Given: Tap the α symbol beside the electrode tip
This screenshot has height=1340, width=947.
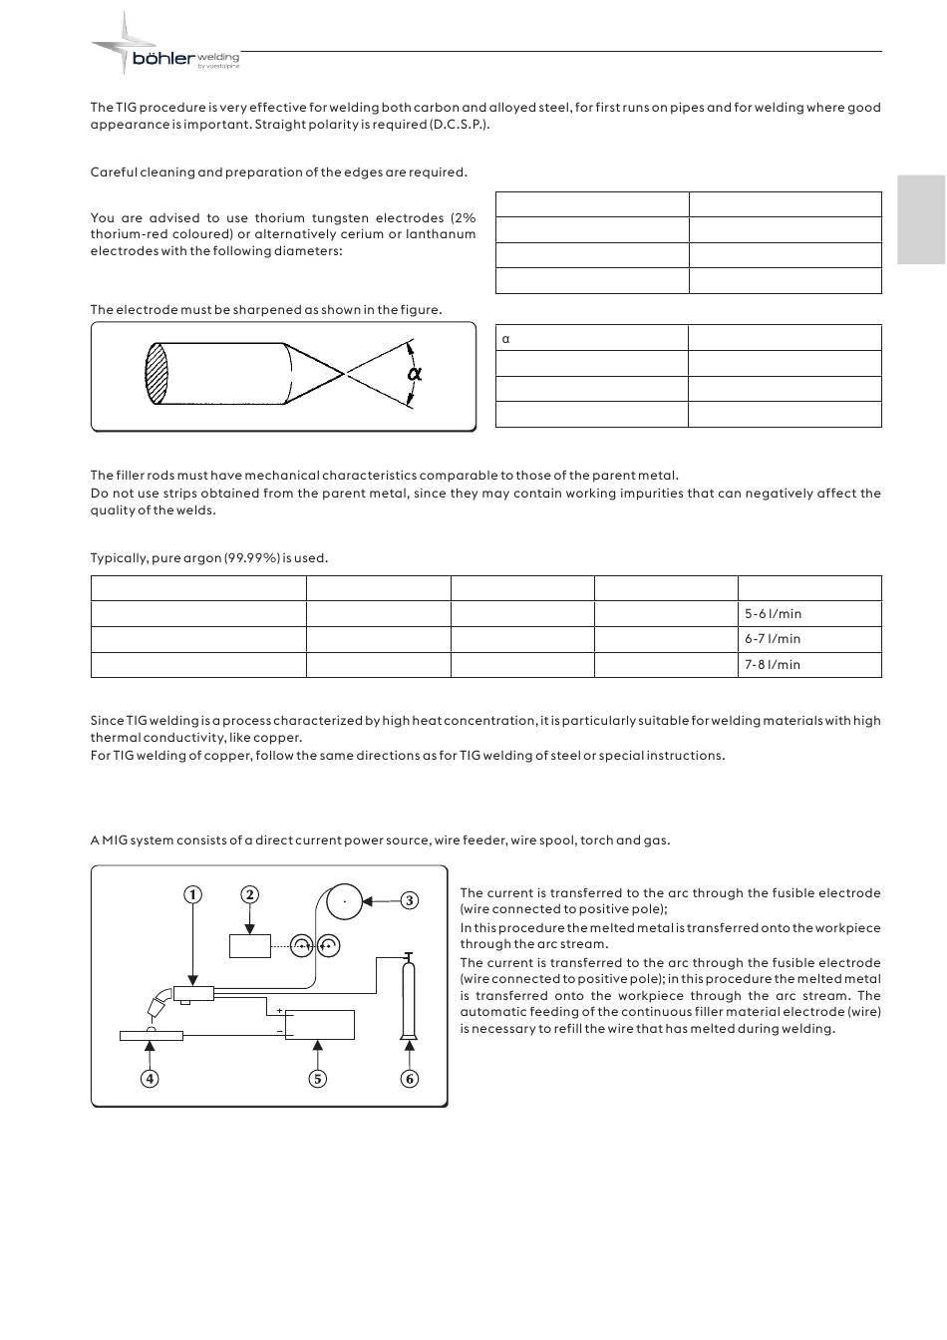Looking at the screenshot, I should [415, 374].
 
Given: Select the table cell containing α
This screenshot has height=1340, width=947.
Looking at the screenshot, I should [591, 338].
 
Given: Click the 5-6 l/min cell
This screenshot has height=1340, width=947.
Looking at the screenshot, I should [808, 614].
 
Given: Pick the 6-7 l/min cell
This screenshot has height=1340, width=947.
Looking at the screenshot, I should [808, 639].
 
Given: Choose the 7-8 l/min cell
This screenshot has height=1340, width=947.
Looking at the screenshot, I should [808, 665].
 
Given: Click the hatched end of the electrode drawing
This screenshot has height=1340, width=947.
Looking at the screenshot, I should [158, 374].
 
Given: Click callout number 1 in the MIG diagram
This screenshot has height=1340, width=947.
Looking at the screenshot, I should [192, 895].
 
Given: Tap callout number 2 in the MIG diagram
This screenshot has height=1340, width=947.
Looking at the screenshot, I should [250, 895].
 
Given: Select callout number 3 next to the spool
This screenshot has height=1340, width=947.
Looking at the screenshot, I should [409, 901].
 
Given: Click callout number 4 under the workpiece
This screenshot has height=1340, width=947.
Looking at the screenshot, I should [150, 1078].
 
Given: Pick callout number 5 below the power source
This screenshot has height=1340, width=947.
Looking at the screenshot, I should [318, 1078].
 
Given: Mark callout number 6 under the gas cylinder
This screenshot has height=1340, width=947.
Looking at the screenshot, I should [409, 1078].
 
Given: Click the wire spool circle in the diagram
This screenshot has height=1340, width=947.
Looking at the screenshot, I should [345, 901].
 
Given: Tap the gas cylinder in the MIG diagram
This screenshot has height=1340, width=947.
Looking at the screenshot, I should [408, 997].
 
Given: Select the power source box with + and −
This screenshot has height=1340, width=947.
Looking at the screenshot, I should [319, 1025].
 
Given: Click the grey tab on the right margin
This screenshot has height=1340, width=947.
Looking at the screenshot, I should [921, 219].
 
